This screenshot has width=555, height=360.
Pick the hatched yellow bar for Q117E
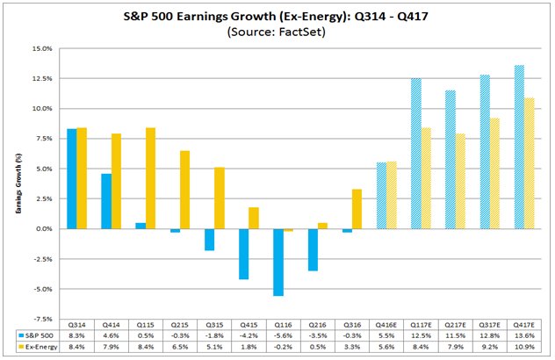426,178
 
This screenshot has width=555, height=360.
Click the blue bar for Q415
242,254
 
